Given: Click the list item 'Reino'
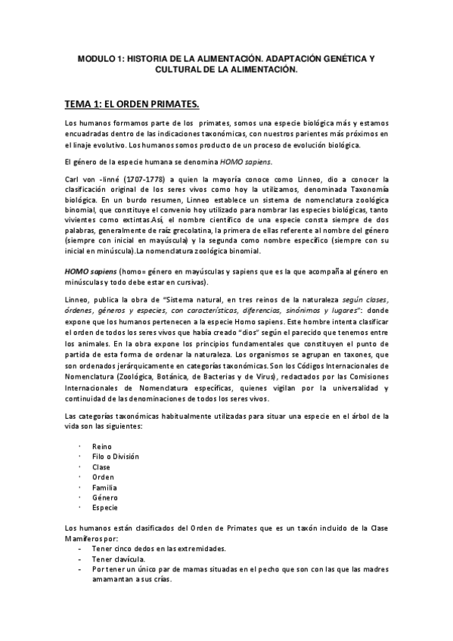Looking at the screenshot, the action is click(x=101, y=446).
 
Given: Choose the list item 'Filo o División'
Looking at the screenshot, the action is click(x=115, y=457).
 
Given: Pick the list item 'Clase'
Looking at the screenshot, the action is click(x=101, y=467).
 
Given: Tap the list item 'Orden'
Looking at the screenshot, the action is click(x=103, y=477).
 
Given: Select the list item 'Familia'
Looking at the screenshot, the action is click(x=104, y=488).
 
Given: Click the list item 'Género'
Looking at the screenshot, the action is click(x=104, y=497).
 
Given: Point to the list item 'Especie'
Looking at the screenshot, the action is click(x=105, y=508).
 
